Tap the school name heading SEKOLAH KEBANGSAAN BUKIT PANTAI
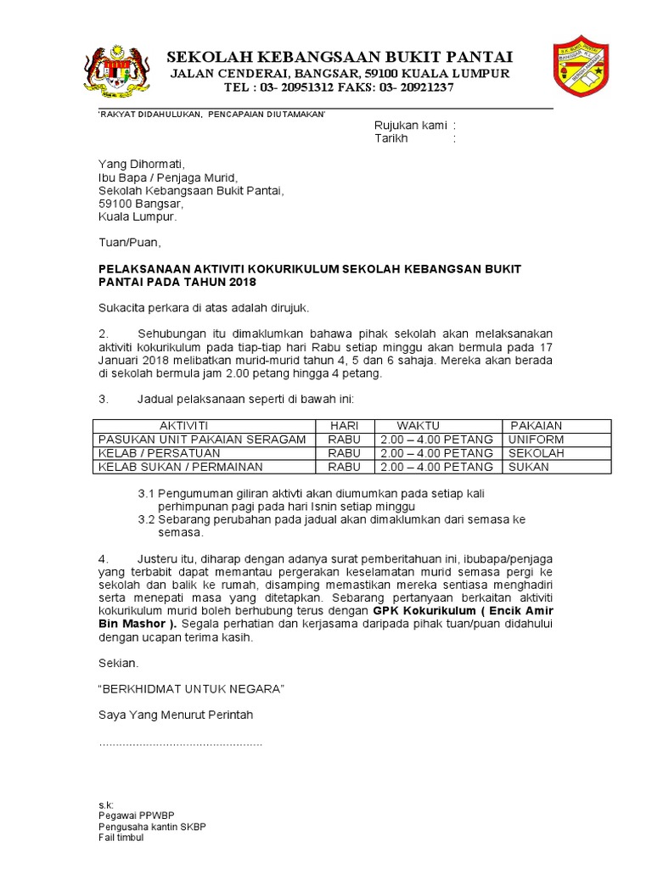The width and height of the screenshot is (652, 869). (340, 57)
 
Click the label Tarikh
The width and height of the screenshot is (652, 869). (391, 138)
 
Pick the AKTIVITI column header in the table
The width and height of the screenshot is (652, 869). (183, 425)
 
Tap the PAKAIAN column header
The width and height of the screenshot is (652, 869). (536, 425)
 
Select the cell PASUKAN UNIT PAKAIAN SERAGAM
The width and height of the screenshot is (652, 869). (202, 440)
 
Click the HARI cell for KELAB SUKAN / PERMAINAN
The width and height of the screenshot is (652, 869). (344, 467)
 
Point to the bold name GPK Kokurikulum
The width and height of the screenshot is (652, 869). (421, 611)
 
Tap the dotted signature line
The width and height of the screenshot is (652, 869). (181, 743)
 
